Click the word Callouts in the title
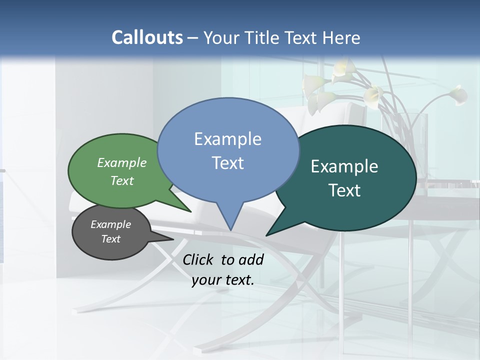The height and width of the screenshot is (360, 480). point(147,37)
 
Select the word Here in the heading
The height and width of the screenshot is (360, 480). point(341,37)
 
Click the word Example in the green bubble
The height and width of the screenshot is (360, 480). point(122,162)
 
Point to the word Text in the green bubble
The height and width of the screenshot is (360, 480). point(122,180)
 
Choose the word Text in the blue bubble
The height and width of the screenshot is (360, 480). point(227,162)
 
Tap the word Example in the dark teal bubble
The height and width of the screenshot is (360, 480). point(344,166)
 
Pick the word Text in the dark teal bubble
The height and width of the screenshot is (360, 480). point(344,190)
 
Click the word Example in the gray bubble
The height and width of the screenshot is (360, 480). point(110,224)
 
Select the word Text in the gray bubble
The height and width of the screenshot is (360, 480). point(110,239)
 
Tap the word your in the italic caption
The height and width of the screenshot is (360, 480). point(205,280)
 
